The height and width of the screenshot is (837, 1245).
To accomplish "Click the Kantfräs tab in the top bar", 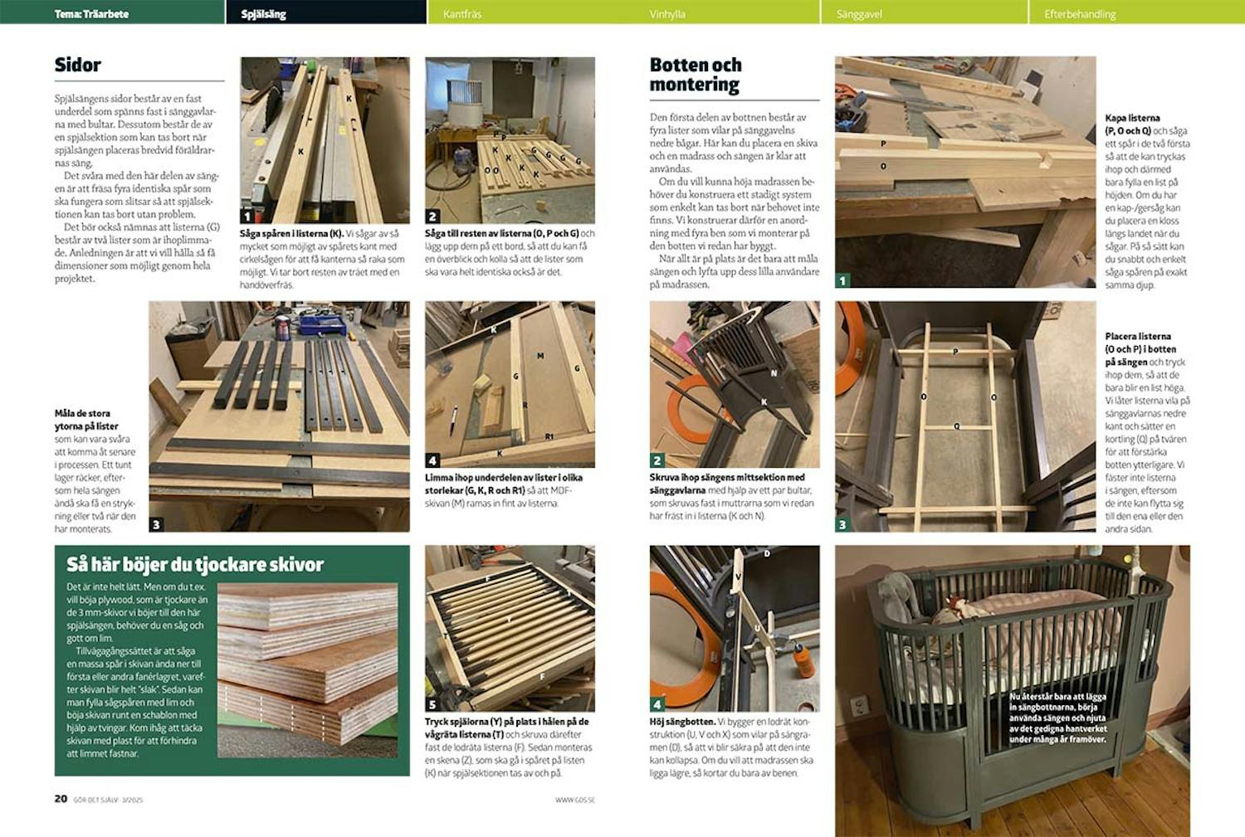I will pyautogui.click(x=462, y=14).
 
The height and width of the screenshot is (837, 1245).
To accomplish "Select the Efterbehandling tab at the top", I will pyautogui.click(x=1080, y=14).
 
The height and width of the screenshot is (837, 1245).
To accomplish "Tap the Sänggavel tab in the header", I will pyautogui.click(x=859, y=14).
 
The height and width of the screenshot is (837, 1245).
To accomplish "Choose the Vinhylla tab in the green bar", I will pyautogui.click(x=667, y=14).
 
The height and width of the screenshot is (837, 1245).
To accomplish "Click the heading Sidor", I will pyautogui.click(x=78, y=66).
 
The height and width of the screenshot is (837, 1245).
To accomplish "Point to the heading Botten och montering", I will pyautogui.click(x=696, y=75).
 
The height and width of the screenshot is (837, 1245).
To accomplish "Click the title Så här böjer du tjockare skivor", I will pyautogui.click(x=195, y=565).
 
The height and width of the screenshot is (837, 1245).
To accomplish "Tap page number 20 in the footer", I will pyautogui.click(x=61, y=799).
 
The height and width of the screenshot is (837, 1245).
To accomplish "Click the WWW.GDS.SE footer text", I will pyautogui.click(x=575, y=800).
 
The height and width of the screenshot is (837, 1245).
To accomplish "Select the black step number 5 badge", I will pyautogui.click(x=432, y=704).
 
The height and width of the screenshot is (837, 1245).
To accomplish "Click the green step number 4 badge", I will pyautogui.click(x=657, y=704).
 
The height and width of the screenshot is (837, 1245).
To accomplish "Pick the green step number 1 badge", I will pyautogui.click(x=842, y=280).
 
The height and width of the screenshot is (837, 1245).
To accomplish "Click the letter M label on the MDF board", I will pyautogui.click(x=540, y=356).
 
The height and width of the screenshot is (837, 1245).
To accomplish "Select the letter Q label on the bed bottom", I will pyautogui.click(x=956, y=426).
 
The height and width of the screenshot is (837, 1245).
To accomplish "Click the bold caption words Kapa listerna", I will pyautogui.click(x=1132, y=119).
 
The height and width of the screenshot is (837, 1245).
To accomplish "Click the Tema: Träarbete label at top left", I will pyautogui.click(x=91, y=14).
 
